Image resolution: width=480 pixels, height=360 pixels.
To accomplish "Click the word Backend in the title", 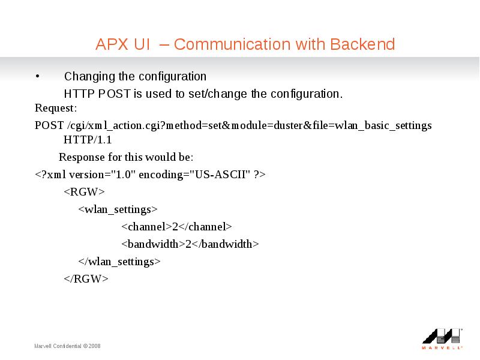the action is (362, 44).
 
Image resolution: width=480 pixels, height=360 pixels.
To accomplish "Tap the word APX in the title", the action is (112, 44).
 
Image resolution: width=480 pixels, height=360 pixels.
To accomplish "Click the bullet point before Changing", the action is (37, 76).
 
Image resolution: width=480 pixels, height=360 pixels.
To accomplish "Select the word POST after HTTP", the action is (114, 94).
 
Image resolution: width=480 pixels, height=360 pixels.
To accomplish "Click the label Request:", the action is (56, 108).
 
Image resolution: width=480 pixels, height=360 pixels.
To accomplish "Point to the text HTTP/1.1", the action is (88, 140).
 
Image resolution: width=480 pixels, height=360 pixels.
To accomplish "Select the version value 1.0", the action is (123, 175).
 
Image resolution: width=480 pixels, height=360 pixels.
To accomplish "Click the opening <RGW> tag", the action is (84, 192).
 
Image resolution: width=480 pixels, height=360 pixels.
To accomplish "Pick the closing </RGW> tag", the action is (86, 279).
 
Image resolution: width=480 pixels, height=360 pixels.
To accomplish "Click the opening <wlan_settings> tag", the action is (118, 209).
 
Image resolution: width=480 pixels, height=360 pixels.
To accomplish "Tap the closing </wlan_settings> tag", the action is (119, 262).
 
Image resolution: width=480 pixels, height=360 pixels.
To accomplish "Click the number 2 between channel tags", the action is (175, 227).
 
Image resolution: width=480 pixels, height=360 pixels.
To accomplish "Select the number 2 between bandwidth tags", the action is (188, 244).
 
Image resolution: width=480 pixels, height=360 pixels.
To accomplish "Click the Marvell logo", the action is (442, 339).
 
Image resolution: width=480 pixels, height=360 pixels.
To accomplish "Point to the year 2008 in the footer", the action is (95, 346).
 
